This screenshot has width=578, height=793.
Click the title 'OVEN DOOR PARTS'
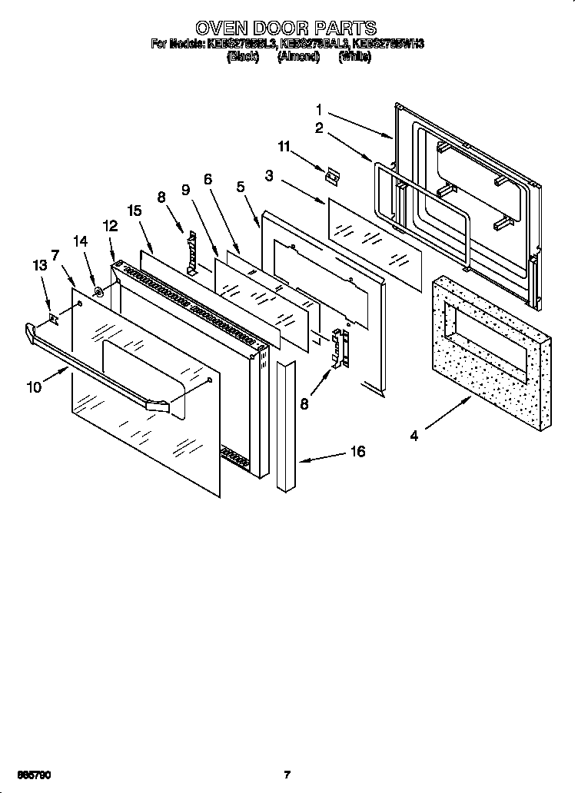click(286, 30)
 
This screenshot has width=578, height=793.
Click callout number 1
click(319, 110)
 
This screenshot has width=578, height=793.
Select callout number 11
click(285, 145)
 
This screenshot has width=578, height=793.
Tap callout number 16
click(357, 452)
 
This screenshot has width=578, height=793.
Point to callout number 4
click(414, 436)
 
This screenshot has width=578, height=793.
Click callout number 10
click(33, 387)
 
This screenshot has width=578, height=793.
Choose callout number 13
click(39, 266)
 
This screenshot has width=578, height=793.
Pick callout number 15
click(135, 211)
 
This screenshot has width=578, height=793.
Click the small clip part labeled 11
click(331, 175)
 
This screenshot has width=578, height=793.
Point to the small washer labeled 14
click(99, 291)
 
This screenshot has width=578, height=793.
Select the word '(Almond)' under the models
click(298, 58)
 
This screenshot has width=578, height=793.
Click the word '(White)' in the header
click(354, 58)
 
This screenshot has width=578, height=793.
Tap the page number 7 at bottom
click(287, 775)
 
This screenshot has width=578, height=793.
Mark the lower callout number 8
click(305, 402)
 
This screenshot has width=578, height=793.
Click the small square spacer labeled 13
click(53, 317)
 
